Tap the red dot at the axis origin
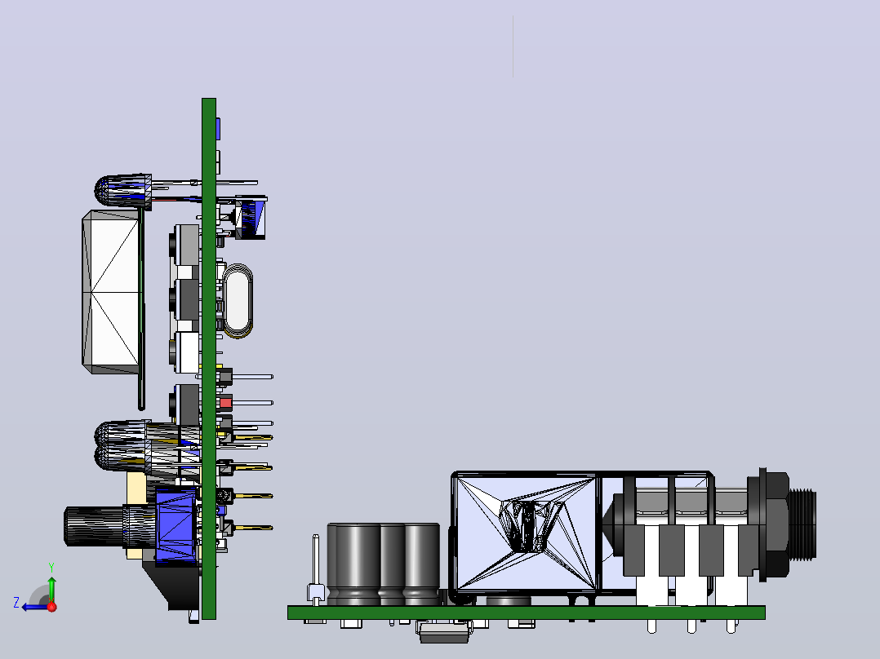click(52, 607)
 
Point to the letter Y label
click(51, 568)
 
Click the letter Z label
click(16, 603)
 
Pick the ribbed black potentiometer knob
click(94, 526)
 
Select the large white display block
click(111, 292)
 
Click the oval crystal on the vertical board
click(238, 301)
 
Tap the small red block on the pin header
click(225, 403)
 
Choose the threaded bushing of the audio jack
click(802, 524)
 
